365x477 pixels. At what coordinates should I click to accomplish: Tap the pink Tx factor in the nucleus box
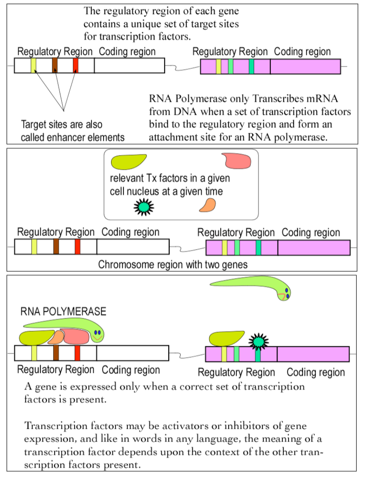(x=238, y=160)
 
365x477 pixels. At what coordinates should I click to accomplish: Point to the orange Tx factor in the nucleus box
(x=207, y=205)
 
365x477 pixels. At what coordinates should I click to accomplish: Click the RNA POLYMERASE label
(x=63, y=312)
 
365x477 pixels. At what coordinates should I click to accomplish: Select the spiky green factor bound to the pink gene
(x=257, y=341)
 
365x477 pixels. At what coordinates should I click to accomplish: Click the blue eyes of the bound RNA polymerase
(x=97, y=332)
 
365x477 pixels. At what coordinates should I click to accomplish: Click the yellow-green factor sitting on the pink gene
(x=225, y=338)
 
